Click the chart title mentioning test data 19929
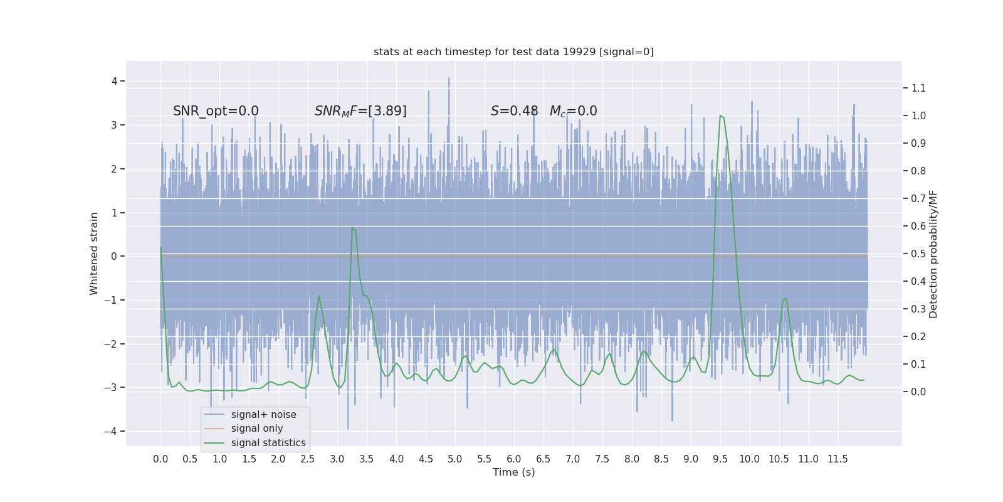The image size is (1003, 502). click(513, 51)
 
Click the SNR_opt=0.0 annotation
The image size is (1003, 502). click(216, 111)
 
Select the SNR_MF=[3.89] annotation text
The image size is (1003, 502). click(360, 111)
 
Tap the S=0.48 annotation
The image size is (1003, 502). click(514, 111)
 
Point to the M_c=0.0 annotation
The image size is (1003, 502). click(573, 111)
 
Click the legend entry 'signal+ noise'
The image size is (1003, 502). click(263, 415)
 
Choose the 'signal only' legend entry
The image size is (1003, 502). click(257, 429)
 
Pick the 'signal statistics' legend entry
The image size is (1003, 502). click(268, 443)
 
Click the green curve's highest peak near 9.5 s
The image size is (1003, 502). click(720, 115)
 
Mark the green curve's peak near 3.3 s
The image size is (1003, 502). click(352, 228)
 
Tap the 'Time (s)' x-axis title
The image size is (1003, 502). click(513, 472)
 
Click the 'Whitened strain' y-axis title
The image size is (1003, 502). click(94, 254)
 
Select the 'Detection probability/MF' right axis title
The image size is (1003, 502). click(933, 254)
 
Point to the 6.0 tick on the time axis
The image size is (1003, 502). click(514, 459)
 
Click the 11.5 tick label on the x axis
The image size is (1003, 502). click(838, 459)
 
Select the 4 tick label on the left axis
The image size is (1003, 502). click(115, 81)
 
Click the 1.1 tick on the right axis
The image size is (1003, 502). click(918, 88)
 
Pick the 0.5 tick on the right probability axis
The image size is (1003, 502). click(918, 254)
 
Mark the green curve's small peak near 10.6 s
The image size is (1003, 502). click(786, 299)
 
